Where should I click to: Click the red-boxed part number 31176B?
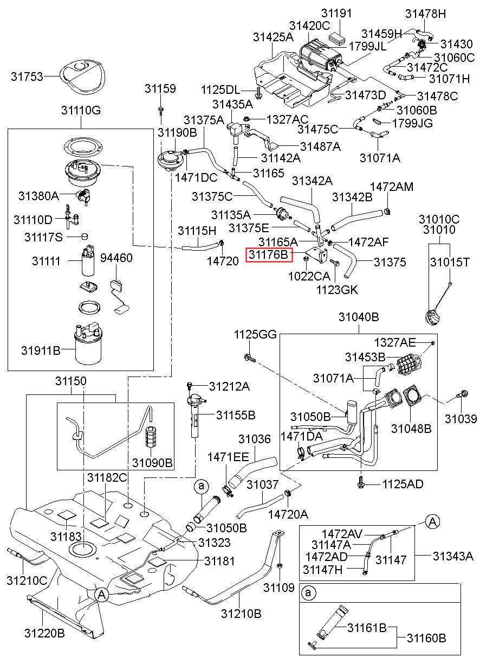click(x=269, y=254)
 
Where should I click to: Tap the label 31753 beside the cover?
click(x=27, y=76)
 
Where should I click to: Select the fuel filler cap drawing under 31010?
click(x=432, y=317)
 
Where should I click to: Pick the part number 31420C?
click(x=309, y=26)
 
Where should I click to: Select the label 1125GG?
click(x=255, y=334)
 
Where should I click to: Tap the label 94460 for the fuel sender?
click(x=116, y=258)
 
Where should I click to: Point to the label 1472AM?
click(x=392, y=187)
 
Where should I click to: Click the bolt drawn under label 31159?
click(x=161, y=110)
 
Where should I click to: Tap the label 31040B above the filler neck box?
click(x=359, y=317)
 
